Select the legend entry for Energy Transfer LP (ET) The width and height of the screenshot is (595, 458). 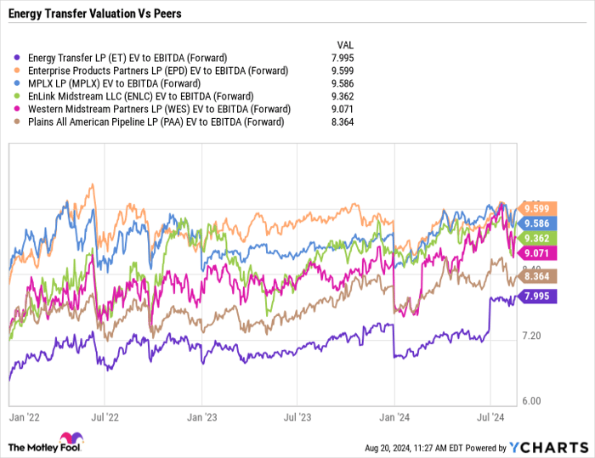click(x=127, y=58)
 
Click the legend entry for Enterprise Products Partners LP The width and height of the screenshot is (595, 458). click(x=157, y=71)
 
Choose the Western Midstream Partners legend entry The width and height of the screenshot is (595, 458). click(x=158, y=110)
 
